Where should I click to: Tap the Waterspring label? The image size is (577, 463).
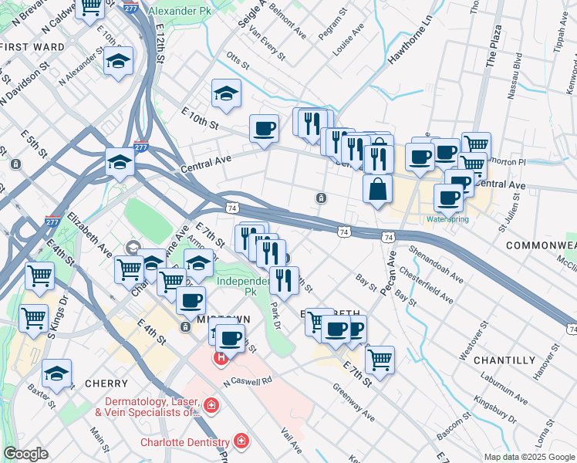[x=447, y=218]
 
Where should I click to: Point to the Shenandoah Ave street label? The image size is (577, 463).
[x=437, y=265]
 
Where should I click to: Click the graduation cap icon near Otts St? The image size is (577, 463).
[x=227, y=93]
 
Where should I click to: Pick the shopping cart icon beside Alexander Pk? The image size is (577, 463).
[x=91, y=6]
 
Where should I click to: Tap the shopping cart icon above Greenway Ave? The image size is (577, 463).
[x=380, y=359]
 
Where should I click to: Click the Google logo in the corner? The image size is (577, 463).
[x=25, y=454]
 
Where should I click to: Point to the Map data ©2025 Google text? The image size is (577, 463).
[x=528, y=457]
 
